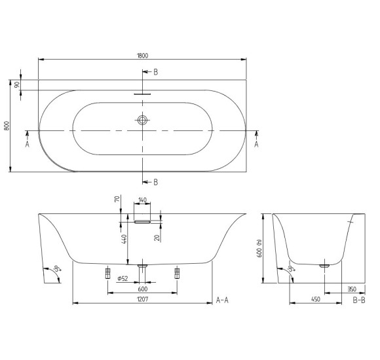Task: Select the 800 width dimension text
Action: [7, 126]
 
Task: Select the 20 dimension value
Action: [158, 237]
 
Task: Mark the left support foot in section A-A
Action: [107, 272]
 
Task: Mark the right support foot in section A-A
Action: [177, 272]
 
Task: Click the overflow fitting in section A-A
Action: [142, 221]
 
